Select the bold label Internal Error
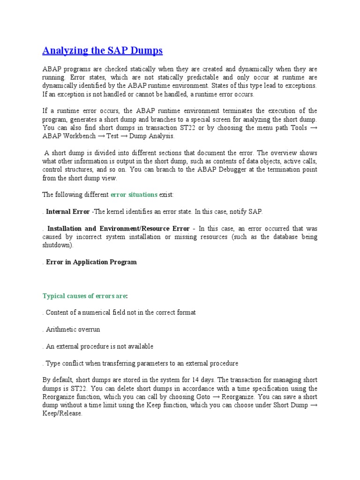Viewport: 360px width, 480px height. pos(67,211)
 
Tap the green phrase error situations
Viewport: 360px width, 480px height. pos(134,195)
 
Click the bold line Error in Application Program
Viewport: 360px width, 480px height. pos(91,262)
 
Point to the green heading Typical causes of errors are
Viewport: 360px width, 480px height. pos(84,296)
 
